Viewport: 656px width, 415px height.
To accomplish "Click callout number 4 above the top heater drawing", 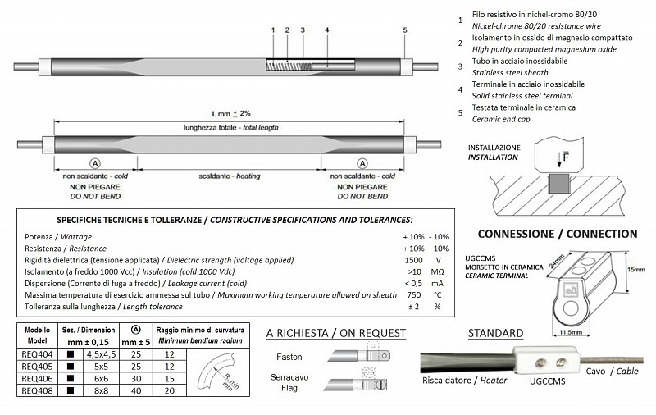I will tap(327, 30).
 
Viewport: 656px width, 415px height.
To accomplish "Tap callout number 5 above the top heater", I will tap(405, 30).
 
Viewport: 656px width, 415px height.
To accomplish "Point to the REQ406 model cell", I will tap(35, 381).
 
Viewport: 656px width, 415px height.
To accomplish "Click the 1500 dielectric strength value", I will tap(414, 259).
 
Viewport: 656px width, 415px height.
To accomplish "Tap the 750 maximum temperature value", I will tap(414, 294).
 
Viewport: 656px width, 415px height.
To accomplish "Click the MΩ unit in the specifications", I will tap(437, 271).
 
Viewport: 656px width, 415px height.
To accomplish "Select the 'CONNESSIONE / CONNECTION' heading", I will tap(545, 234).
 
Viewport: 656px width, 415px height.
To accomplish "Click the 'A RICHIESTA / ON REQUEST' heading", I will tap(336, 333).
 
